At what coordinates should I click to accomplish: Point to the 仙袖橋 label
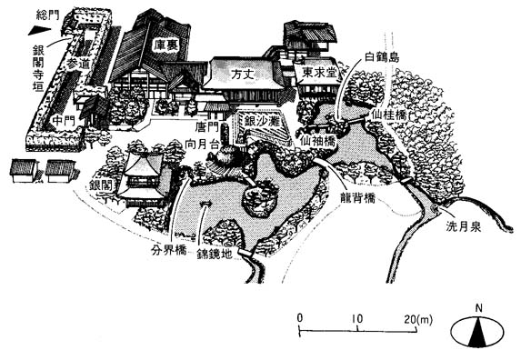point(318,142)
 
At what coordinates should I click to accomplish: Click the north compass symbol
point(477,330)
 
